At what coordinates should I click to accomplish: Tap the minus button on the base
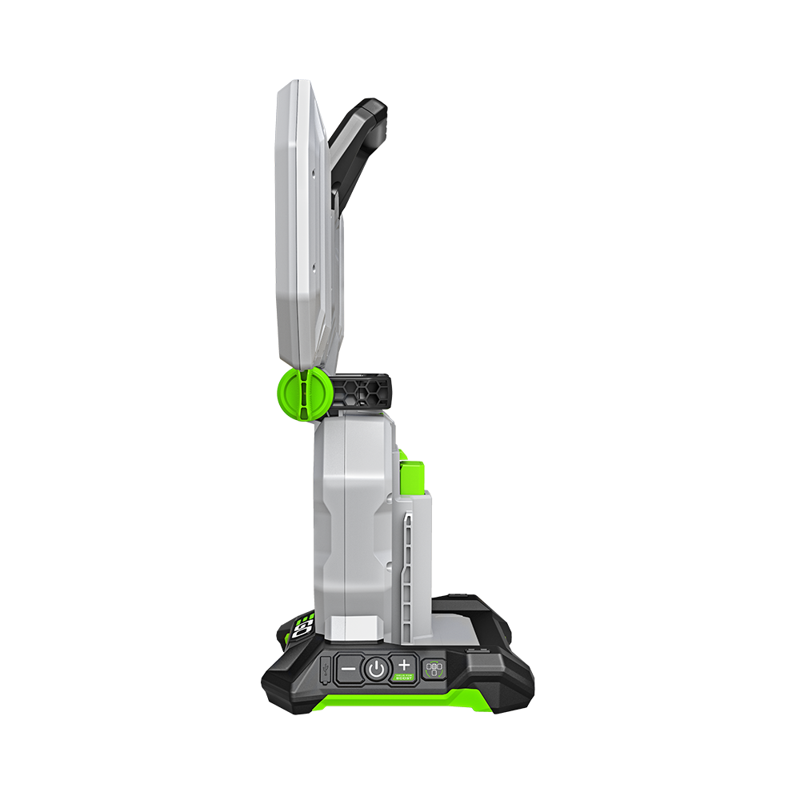[348, 666]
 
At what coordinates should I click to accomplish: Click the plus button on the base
[404, 665]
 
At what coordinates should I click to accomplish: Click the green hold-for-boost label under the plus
[404, 678]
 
